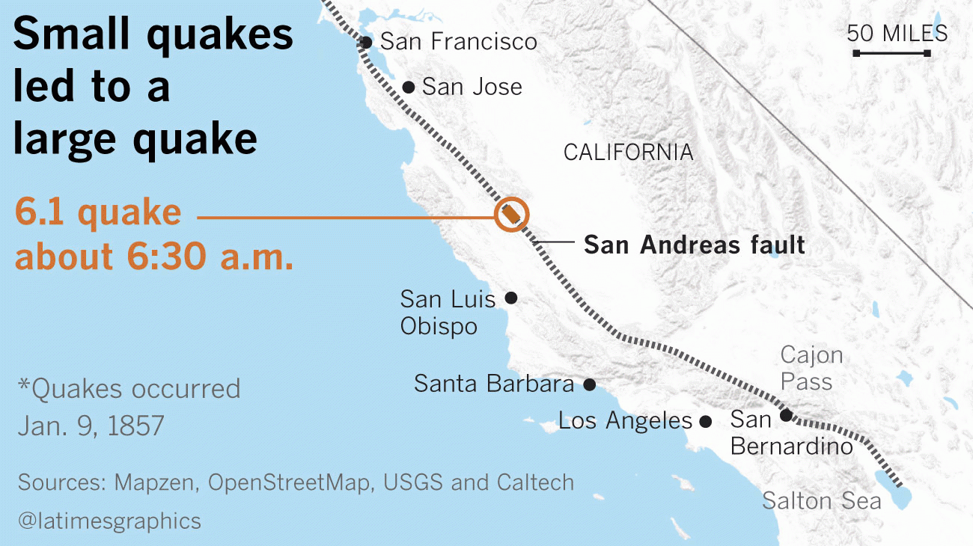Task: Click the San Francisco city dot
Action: [x=366, y=42]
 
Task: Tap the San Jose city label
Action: [x=472, y=87]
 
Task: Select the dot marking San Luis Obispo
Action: [x=511, y=298]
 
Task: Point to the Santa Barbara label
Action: [x=493, y=384]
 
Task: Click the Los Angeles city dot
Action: [x=705, y=421]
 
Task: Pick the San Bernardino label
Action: [x=791, y=433]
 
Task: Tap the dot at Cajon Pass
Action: [x=786, y=415]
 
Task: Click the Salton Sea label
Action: [x=821, y=500]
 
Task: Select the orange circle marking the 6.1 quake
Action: [x=512, y=214]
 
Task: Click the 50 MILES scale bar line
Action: [x=891, y=53]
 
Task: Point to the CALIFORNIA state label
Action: [x=628, y=153]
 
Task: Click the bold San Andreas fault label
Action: [x=694, y=245]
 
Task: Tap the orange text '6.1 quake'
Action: [x=98, y=213]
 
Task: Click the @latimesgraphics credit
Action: [x=109, y=521]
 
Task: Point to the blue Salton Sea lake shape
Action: [x=901, y=494]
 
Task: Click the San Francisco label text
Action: [x=458, y=41]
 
